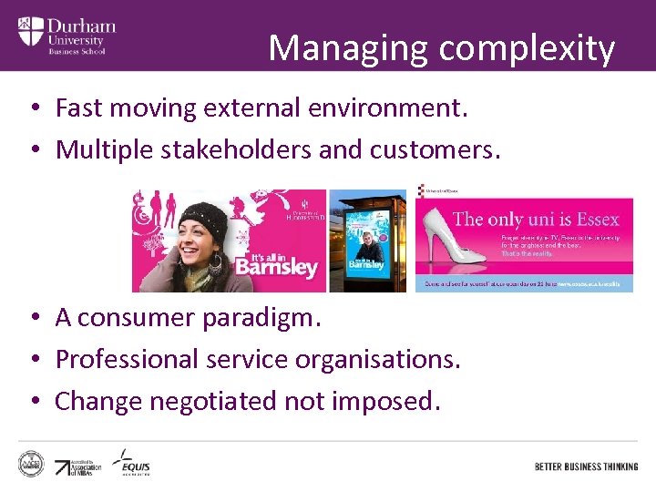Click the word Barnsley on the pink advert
coord(277,266)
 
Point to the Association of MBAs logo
coord(78,467)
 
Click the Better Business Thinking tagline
coord(586,466)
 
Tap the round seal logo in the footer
coord(32,462)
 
